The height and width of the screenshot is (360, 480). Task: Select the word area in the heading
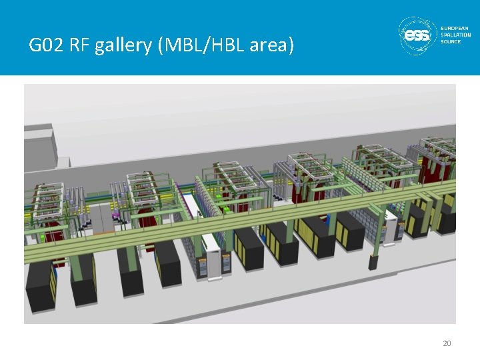click(x=270, y=46)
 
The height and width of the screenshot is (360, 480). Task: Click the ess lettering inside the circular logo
click(x=418, y=36)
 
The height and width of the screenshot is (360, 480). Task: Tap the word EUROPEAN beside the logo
click(x=455, y=29)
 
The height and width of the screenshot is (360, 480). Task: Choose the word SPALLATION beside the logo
click(x=456, y=35)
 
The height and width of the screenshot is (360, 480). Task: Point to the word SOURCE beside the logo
click(x=451, y=42)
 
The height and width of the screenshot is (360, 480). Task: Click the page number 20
click(x=447, y=343)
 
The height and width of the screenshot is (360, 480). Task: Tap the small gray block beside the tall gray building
click(x=63, y=162)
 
